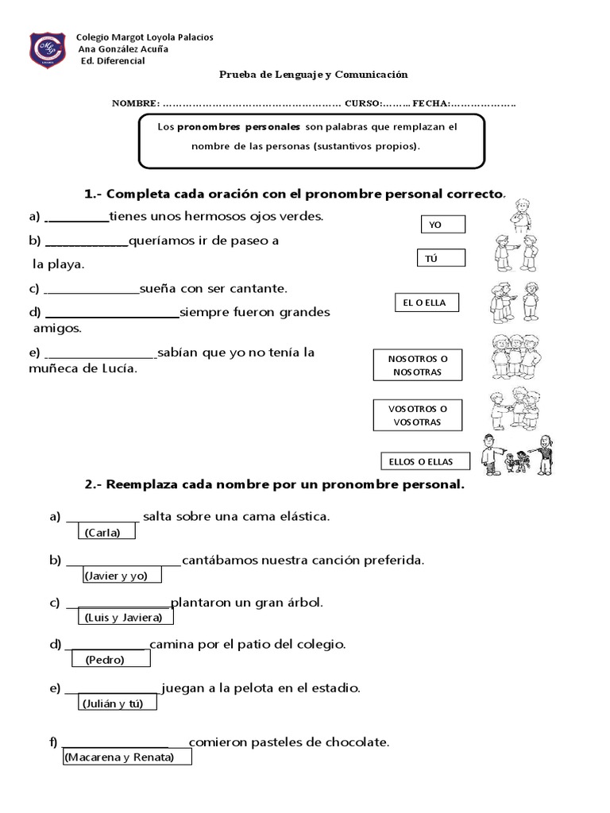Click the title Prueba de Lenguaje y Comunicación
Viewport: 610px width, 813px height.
click(313, 75)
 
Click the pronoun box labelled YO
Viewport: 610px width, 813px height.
click(442, 225)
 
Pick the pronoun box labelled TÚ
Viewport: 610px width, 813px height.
click(441, 259)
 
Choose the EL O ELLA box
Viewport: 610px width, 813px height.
click(426, 302)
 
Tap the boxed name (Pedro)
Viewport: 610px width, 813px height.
click(105, 659)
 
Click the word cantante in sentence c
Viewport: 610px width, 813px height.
click(257, 288)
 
